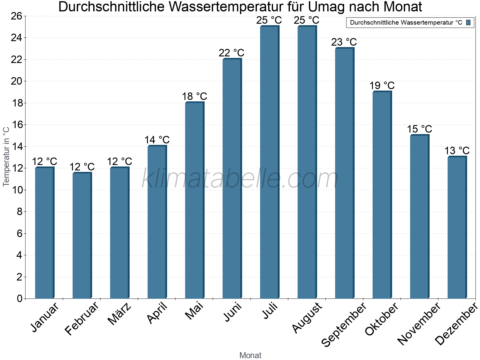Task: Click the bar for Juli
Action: [269, 162]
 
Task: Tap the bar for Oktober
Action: [382, 195]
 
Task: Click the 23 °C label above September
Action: [344, 42]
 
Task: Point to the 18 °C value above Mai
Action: [194, 96]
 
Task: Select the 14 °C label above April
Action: [157, 140]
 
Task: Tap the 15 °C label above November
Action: [419, 129]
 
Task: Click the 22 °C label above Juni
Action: [231, 53]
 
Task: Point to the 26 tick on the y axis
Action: [16, 16]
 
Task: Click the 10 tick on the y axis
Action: [16, 190]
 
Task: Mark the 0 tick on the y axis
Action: [19, 298]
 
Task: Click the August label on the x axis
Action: [307, 318]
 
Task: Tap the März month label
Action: [119, 313]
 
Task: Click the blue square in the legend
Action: [468, 22]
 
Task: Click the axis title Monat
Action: [250, 355]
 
